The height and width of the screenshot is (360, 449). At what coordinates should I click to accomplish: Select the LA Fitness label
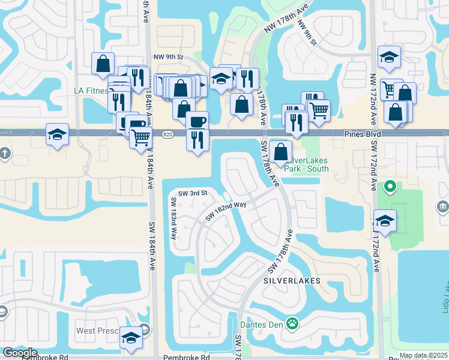click(x=91, y=91)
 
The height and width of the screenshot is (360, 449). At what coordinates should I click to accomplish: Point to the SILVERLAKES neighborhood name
click(x=292, y=281)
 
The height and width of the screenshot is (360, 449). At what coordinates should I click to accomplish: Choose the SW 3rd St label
click(x=192, y=193)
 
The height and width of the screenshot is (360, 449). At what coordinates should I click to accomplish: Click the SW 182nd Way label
click(x=226, y=211)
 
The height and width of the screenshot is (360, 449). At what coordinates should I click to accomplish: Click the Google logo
click(x=19, y=353)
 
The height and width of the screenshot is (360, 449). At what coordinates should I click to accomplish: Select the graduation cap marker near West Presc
click(x=130, y=338)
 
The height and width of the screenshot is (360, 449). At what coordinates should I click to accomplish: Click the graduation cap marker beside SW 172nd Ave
click(x=385, y=220)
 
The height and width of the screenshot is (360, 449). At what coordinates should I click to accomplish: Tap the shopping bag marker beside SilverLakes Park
click(x=280, y=152)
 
